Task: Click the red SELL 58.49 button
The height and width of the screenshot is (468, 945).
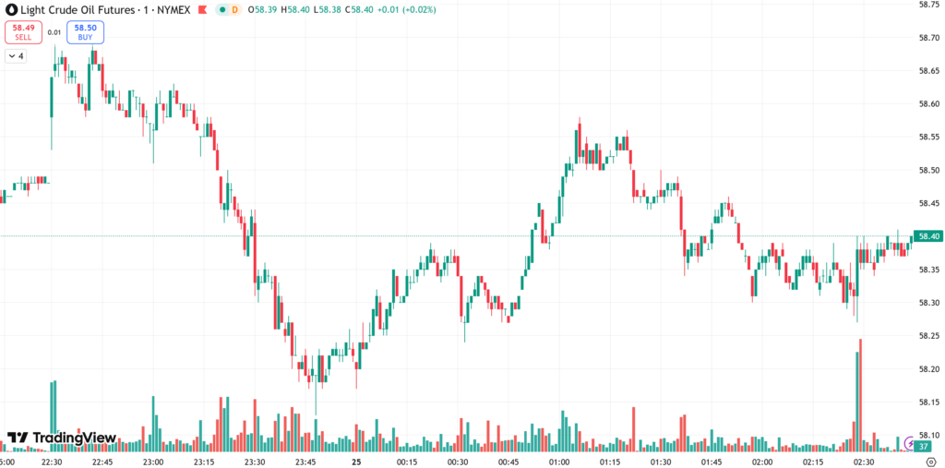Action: point(23,32)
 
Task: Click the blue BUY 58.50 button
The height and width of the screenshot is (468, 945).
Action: point(85,32)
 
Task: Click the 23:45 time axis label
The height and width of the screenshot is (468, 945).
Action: point(305,461)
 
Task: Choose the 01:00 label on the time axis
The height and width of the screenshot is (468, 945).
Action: point(559,461)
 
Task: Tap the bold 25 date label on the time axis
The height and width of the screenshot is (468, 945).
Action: point(356,461)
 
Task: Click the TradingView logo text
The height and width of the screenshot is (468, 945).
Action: point(62,438)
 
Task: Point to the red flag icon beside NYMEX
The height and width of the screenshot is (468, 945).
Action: point(201,9)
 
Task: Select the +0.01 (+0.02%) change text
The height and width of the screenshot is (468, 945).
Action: point(403,9)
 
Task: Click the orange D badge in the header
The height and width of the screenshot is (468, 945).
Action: point(234,9)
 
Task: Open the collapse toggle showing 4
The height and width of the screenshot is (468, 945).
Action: point(16,56)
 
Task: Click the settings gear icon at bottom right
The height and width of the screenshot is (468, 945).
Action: point(931,461)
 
